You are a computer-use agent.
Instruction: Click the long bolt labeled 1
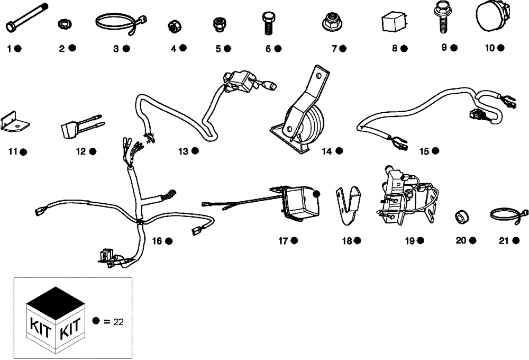pos(26,18)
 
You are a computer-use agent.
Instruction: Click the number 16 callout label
pos(157,241)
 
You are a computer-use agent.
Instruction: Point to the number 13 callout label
pos(183,151)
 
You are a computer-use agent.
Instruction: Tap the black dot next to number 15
pos(435,151)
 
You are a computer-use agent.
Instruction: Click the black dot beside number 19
pos(420,241)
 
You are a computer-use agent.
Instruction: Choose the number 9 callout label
pos(444,47)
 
